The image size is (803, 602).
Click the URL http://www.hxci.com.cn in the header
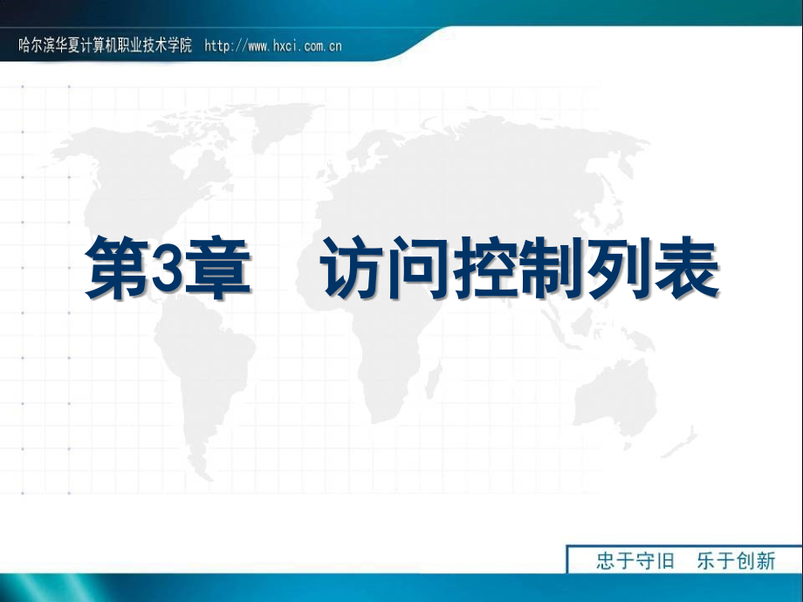tap(272, 46)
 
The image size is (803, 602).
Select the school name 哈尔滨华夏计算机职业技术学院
tap(105, 46)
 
